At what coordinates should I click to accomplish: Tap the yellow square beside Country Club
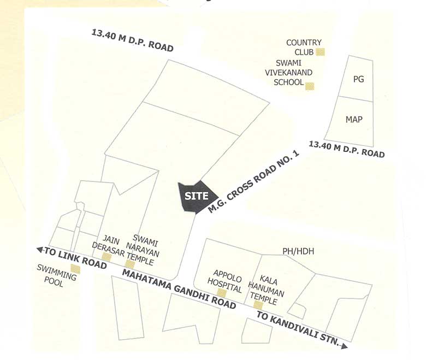tap(321, 52)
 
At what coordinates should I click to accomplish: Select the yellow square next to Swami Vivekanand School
tap(310, 85)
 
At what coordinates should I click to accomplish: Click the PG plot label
tap(358, 79)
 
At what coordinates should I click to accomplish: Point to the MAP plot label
tap(354, 119)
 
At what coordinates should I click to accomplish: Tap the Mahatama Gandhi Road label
tap(180, 284)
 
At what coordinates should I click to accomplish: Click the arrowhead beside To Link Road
tap(40, 250)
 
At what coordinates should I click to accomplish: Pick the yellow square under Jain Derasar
tap(106, 256)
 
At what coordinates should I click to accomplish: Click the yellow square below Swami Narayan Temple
tap(130, 264)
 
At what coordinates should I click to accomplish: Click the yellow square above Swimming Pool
tap(75, 269)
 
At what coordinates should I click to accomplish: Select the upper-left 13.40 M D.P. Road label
tap(132, 40)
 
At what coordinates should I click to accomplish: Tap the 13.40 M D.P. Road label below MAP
tap(347, 149)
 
